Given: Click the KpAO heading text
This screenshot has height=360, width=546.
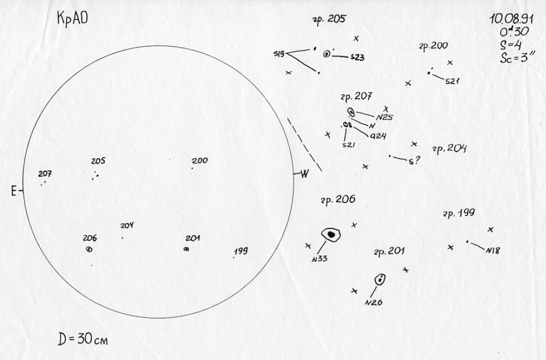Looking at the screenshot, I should point(72,19).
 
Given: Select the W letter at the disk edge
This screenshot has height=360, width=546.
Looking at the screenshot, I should point(304,173).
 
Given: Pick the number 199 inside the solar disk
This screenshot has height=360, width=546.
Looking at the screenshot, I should point(241,251).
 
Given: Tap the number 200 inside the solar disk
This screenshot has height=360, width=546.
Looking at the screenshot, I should point(200,160).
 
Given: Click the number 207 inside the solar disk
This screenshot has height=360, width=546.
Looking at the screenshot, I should point(45,173).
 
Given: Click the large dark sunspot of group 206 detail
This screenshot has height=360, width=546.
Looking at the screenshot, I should point(331,234).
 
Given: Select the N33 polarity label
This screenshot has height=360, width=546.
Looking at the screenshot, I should point(319,259).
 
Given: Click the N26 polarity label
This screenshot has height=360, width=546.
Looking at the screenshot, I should point(374,302).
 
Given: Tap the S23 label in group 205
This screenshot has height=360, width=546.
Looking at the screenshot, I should point(357,57).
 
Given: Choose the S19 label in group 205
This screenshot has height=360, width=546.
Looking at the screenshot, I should point(280,54).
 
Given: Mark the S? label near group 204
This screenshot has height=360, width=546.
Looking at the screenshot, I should point(414,161).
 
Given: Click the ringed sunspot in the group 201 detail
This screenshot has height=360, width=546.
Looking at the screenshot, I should point(380,279).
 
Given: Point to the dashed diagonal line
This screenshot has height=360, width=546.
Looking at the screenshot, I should point(304,144).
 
